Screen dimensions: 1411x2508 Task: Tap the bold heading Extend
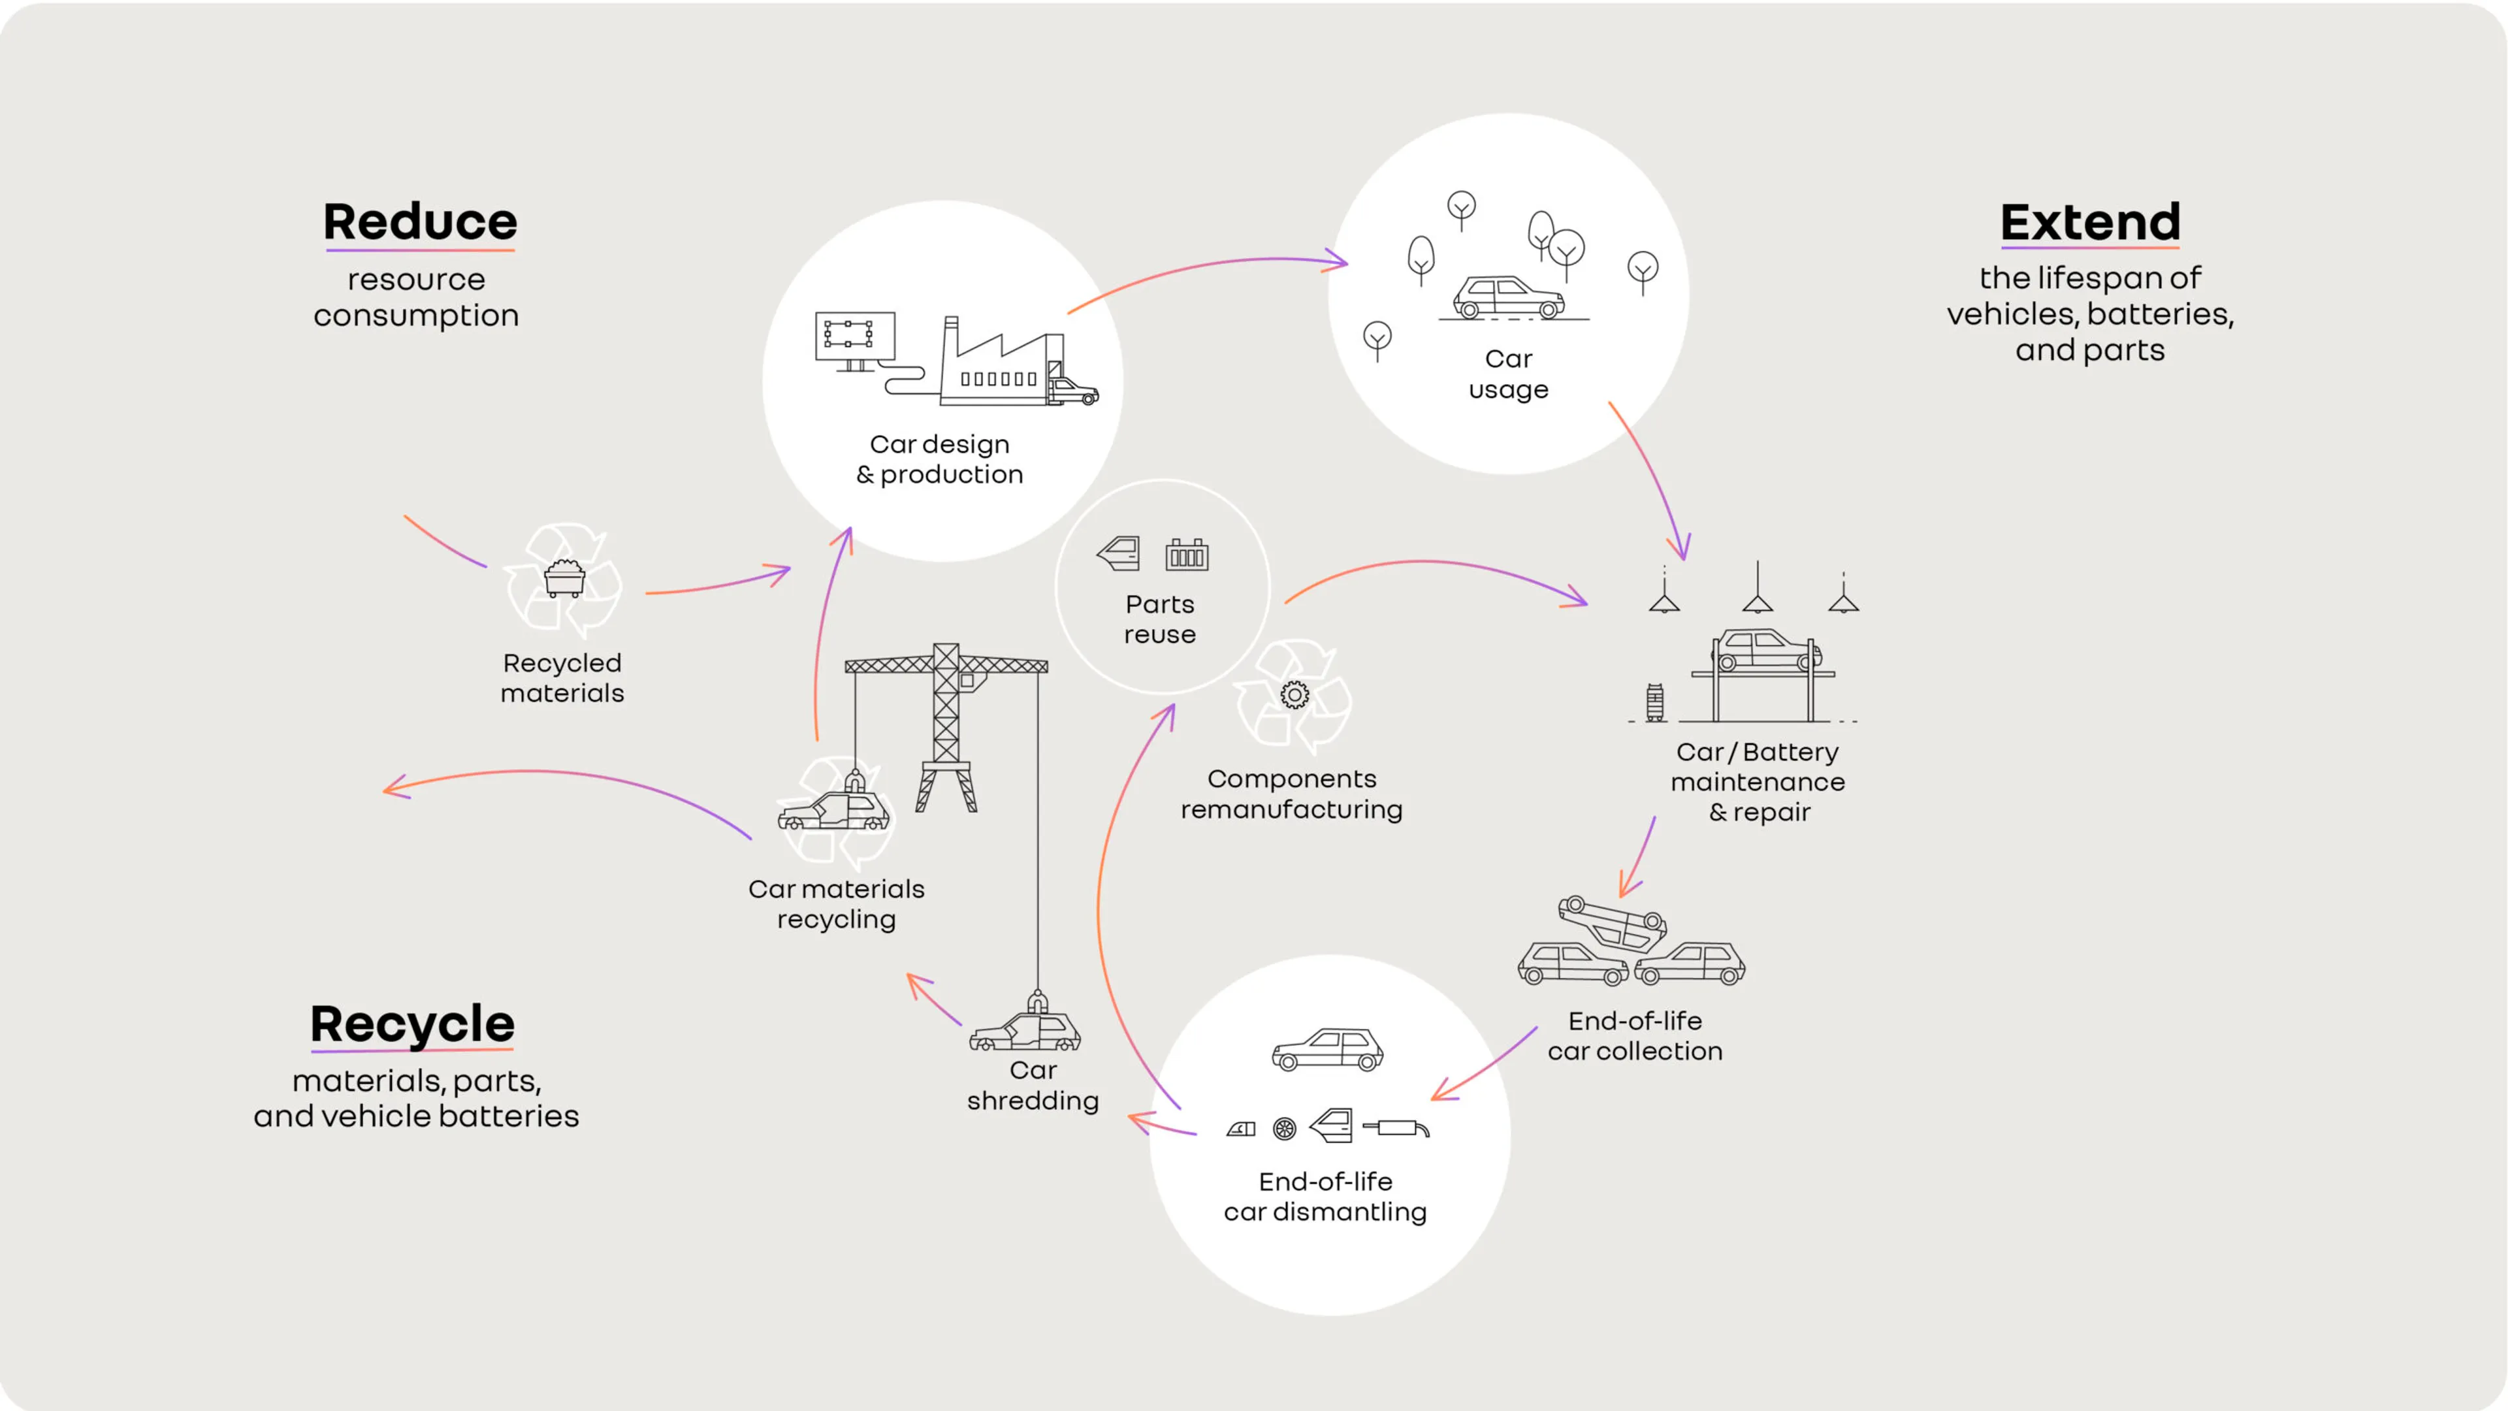(x=2089, y=222)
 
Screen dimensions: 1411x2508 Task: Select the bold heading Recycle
(x=412, y=1024)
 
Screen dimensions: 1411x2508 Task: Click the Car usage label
(x=1508, y=374)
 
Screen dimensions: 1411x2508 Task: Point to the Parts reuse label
(x=1159, y=619)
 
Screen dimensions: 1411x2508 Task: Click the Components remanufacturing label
(x=1291, y=794)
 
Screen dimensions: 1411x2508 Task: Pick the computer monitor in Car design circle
(x=855, y=337)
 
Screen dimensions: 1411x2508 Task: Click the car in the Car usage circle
(x=1508, y=297)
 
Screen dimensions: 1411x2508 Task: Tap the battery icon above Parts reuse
(x=1187, y=555)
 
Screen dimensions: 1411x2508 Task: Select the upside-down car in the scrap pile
(x=1613, y=920)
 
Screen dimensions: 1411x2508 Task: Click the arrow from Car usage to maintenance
(x=1652, y=476)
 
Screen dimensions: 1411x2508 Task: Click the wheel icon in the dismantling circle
(x=1284, y=1129)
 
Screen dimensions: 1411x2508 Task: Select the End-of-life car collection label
(x=1635, y=1035)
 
